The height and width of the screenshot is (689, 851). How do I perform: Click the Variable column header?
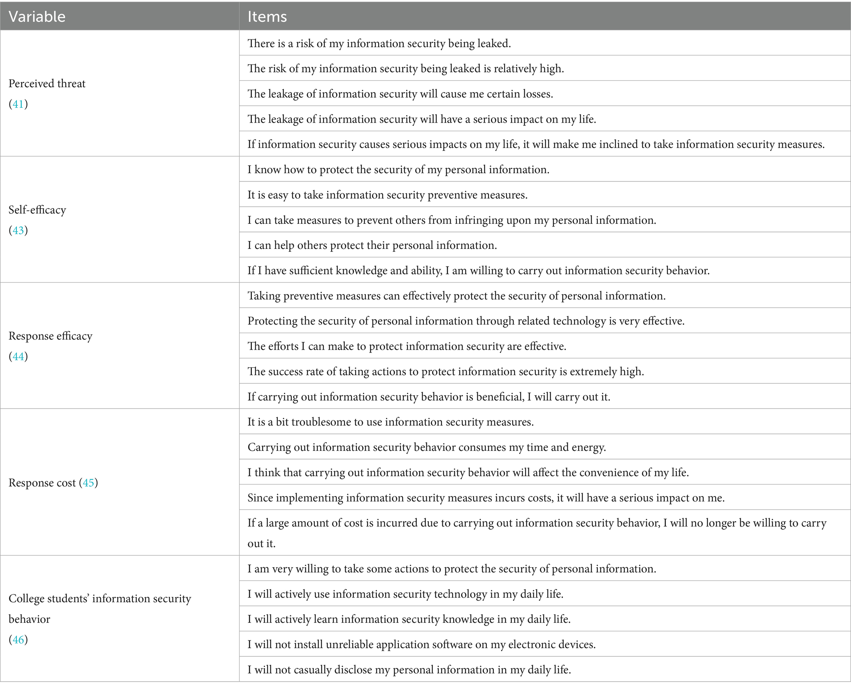point(37,16)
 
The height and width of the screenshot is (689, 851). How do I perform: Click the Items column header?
point(267,16)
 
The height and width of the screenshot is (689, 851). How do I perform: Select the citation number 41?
point(18,104)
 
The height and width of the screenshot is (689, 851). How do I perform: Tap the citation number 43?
point(18,230)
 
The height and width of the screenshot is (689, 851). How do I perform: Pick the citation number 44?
point(18,356)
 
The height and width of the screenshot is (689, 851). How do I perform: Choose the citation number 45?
point(88,483)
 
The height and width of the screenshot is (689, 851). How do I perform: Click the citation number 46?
point(18,640)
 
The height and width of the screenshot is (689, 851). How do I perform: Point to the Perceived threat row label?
point(47,84)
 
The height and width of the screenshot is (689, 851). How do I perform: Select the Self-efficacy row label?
point(37,210)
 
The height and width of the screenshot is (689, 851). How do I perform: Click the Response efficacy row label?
point(51,336)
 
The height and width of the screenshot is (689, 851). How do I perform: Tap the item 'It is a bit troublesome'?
point(391,422)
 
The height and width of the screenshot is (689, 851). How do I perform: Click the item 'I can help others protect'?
point(372,246)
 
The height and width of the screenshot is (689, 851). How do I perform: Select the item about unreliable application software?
point(421,645)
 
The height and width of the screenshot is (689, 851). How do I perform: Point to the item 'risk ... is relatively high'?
point(405,69)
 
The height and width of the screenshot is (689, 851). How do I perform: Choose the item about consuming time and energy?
point(427,448)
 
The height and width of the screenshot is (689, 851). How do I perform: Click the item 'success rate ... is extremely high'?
point(446,372)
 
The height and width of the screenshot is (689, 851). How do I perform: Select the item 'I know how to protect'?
point(398,170)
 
